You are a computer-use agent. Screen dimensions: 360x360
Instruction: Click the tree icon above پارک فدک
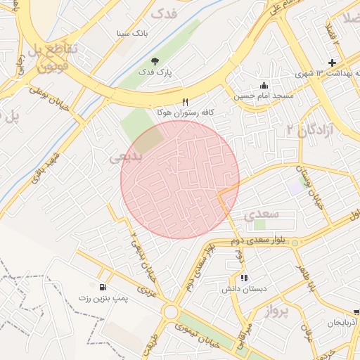(155, 62)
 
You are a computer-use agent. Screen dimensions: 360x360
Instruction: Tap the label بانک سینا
(133, 33)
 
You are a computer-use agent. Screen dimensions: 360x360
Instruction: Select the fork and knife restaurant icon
(186, 101)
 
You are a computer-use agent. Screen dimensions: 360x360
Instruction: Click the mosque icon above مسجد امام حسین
(264, 85)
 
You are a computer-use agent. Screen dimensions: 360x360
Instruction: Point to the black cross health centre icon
(333, 63)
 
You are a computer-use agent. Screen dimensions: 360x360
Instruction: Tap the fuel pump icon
(103, 287)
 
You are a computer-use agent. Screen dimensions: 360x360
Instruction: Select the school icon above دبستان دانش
(244, 278)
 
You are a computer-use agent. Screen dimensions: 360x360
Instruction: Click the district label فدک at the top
(164, 13)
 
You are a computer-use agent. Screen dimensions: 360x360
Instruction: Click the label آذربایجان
(343, 323)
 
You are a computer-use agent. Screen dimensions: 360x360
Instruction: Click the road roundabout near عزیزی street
(169, 311)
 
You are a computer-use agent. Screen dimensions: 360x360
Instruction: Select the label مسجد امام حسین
(264, 96)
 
